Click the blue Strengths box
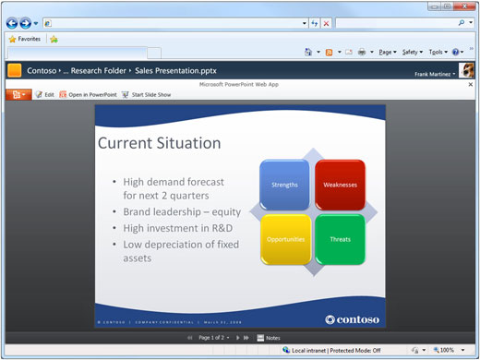click(284, 185)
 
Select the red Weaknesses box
click(340, 185)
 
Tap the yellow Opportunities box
click(284, 239)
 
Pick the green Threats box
click(340, 239)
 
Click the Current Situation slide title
click(159, 143)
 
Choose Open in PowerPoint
click(90, 94)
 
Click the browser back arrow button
click(12, 22)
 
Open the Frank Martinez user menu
click(434, 73)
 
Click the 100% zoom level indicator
click(448, 351)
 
